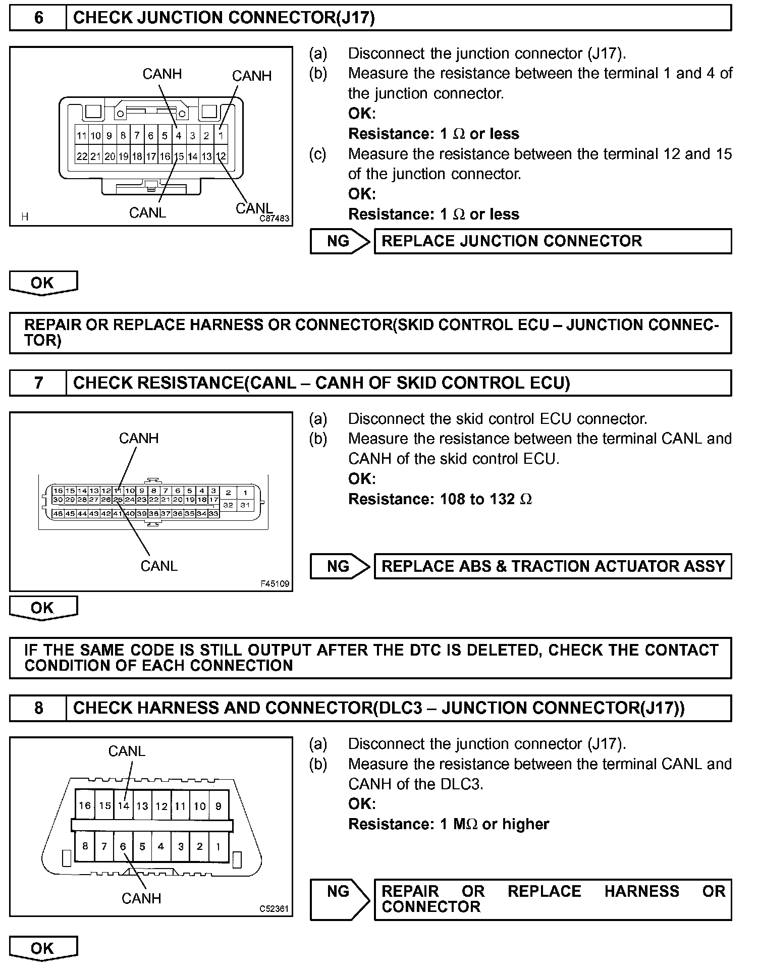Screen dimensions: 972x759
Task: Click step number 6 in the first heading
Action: tap(38, 18)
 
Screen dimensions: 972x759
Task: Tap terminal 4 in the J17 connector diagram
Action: tap(179, 136)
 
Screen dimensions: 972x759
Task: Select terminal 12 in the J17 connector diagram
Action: tap(221, 156)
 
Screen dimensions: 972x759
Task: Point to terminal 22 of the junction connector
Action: tap(82, 156)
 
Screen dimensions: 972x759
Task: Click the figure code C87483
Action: tap(275, 219)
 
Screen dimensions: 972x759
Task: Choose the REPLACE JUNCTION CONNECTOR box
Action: tap(553, 241)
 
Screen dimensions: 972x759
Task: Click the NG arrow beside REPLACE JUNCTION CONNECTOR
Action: tap(340, 241)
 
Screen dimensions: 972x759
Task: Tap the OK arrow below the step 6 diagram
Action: tap(43, 283)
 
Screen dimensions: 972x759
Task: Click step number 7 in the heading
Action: tap(38, 383)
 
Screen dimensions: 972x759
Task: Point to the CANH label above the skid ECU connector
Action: tap(139, 438)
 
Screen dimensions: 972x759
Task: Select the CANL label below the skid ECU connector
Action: tap(159, 566)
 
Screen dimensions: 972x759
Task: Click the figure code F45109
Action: tap(275, 584)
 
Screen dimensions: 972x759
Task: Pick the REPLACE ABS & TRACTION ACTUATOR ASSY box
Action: tap(553, 566)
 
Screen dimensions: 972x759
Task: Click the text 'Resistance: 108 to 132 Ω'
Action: tap(440, 499)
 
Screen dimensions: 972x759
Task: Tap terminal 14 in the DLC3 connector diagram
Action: tap(124, 806)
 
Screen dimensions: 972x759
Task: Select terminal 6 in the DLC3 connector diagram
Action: tap(123, 846)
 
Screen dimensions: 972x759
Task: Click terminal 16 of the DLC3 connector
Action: tap(85, 806)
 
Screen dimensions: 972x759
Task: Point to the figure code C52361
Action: tap(274, 909)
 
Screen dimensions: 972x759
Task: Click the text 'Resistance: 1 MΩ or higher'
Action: tap(449, 824)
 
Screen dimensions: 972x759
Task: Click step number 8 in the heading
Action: tap(38, 708)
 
